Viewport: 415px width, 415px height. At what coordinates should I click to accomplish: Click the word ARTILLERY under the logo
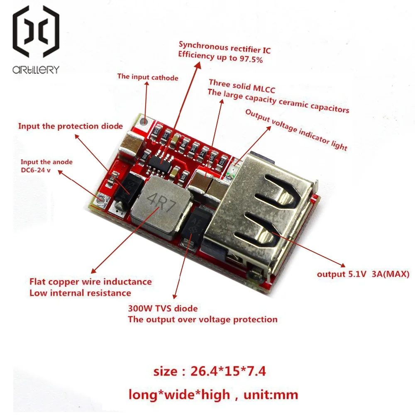(36, 70)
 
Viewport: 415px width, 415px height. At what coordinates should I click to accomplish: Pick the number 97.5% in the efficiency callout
(251, 59)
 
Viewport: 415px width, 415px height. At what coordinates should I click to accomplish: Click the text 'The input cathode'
(148, 77)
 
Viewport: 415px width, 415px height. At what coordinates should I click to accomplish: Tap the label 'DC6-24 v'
(35, 170)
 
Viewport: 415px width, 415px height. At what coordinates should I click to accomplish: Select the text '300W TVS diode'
(163, 308)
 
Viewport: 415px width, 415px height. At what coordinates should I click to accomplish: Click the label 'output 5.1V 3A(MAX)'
(363, 274)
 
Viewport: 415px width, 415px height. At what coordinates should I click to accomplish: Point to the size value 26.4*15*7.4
(228, 371)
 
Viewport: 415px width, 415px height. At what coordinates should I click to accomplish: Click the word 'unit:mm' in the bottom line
(271, 395)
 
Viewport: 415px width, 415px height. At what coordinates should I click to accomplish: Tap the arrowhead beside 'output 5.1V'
(342, 265)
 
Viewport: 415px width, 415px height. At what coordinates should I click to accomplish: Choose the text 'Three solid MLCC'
(242, 86)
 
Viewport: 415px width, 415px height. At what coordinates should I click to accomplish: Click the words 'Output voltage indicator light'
(296, 129)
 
